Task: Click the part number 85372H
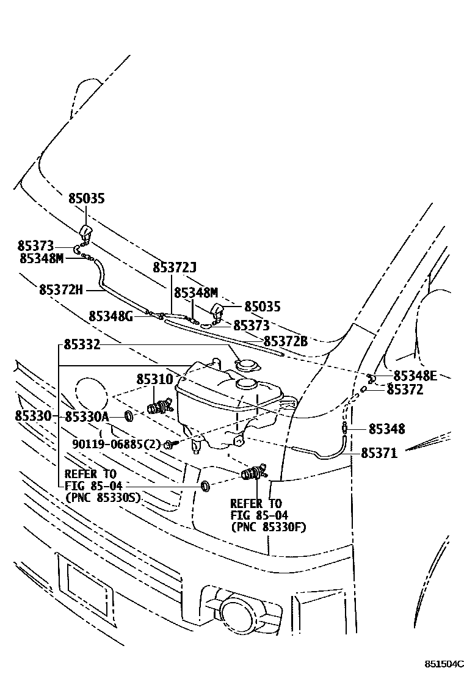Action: (x=60, y=289)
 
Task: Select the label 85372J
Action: (x=175, y=267)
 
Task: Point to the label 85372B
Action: (x=286, y=341)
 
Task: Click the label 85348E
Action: (x=416, y=376)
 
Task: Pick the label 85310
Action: (x=154, y=379)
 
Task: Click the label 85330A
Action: (x=86, y=417)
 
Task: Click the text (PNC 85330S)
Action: (x=103, y=498)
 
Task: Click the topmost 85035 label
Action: (x=86, y=198)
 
